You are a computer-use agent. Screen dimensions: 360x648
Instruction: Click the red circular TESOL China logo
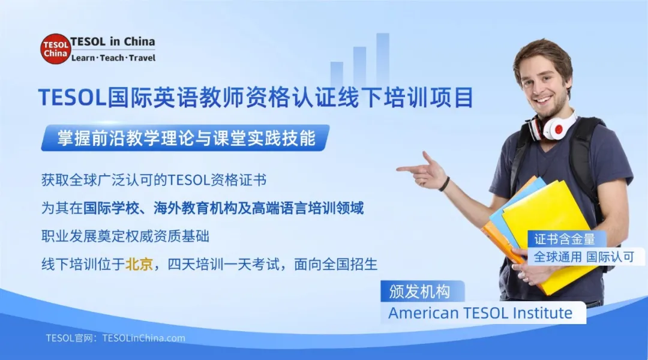pyautogui.click(x=56, y=49)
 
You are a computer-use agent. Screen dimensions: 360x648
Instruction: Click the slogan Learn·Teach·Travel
pyautogui.click(x=113, y=58)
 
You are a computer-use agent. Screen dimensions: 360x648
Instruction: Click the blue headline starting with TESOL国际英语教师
pyautogui.click(x=256, y=97)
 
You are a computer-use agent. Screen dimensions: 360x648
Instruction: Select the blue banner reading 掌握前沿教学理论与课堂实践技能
pyautogui.click(x=185, y=139)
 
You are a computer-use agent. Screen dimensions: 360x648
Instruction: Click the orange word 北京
pyautogui.click(x=139, y=265)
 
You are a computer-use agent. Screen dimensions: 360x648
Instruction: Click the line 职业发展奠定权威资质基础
pyautogui.click(x=125, y=236)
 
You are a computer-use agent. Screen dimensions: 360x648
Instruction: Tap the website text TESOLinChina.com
pyautogui.click(x=144, y=338)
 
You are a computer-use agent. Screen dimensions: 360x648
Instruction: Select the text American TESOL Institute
pyautogui.click(x=480, y=313)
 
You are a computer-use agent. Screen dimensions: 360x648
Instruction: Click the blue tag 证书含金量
pyautogui.click(x=565, y=239)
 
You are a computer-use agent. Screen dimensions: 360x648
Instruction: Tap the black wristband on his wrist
pyautogui.click(x=445, y=184)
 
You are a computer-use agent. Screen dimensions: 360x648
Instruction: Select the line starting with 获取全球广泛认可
pyautogui.click(x=154, y=179)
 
